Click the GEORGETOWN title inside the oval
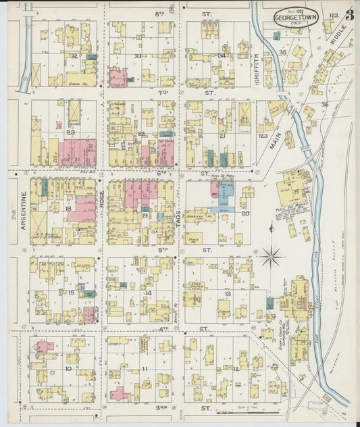click(296, 18)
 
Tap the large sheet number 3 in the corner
click(349, 16)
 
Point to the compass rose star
click(272, 256)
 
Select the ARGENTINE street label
click(23, 210)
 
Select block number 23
click(70, 133)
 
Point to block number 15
click(70, 292)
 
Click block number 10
click(68, 368)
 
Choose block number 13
click(228, 294)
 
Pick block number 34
click(222, 55)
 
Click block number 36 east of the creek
click(324, 104)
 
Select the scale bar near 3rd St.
click(253, 411)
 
